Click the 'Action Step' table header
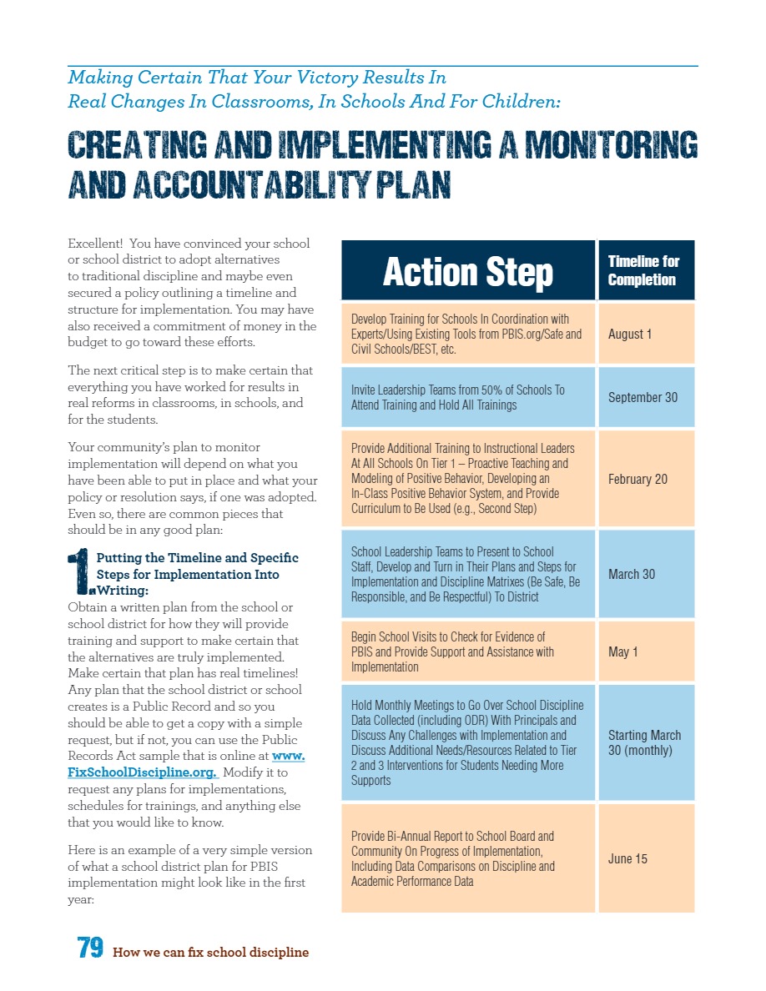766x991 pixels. (467, 272)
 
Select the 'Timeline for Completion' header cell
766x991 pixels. (643, 270)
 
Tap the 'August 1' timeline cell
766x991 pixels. (630, 335)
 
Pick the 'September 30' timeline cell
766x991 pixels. (643, 397)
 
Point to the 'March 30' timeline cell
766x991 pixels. (632, 574)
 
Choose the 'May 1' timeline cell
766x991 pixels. (622, 651)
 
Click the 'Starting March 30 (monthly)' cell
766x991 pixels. (644, 742)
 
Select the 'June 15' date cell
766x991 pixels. (627, 858)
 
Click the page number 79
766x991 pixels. (90, 948)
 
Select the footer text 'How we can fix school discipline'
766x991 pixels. (210, 952)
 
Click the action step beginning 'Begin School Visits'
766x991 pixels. (452, 651)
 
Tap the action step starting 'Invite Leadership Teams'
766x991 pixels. (457, 397)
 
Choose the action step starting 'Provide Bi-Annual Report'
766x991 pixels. (452, 858)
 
